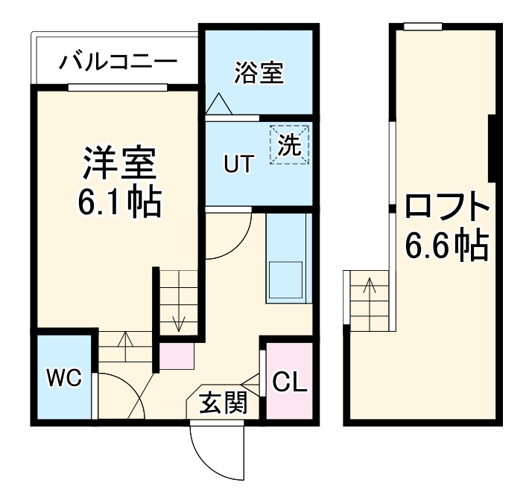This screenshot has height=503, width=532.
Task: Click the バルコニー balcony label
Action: pos(118,60)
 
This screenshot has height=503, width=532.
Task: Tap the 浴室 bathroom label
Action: pos(259,73)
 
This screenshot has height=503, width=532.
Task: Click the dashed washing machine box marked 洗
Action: pos(289,144)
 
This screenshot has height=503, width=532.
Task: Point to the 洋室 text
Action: pos(118,164)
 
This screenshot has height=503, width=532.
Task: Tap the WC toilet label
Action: pos(63,378)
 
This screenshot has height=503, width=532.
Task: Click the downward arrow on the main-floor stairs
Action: pos(179,321)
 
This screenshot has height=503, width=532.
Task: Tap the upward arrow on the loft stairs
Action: pos(368,286)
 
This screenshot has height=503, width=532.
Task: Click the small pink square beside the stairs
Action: pos(177,356)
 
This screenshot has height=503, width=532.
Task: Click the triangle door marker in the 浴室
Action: pos(219,105)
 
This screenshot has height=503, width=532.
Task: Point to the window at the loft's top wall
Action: pos(422,28)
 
